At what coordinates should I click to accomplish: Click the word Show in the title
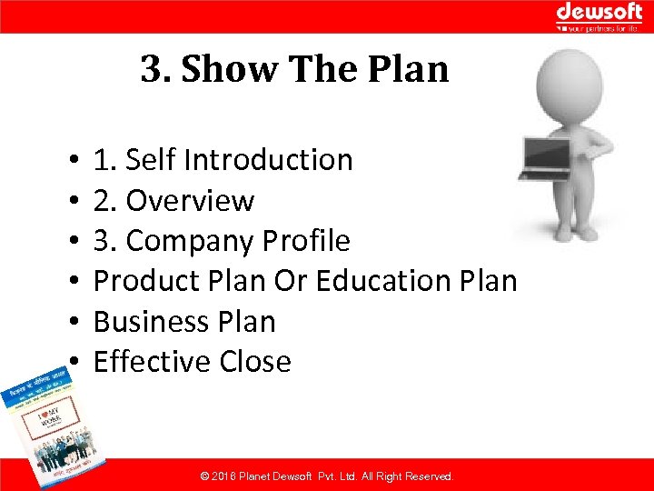(x=229, y=69)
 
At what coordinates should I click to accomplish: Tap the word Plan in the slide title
(x=413, y=69)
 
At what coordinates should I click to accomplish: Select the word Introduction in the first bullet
(x=267, y=160)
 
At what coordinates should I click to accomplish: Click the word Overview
(x=190, y=200)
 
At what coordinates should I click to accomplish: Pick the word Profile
(x=305, y=241)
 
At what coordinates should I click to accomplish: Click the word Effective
(x=140, y=361)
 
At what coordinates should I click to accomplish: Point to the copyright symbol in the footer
(x=204, y=476)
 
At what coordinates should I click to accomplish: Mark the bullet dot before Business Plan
(x=70, y=322)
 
